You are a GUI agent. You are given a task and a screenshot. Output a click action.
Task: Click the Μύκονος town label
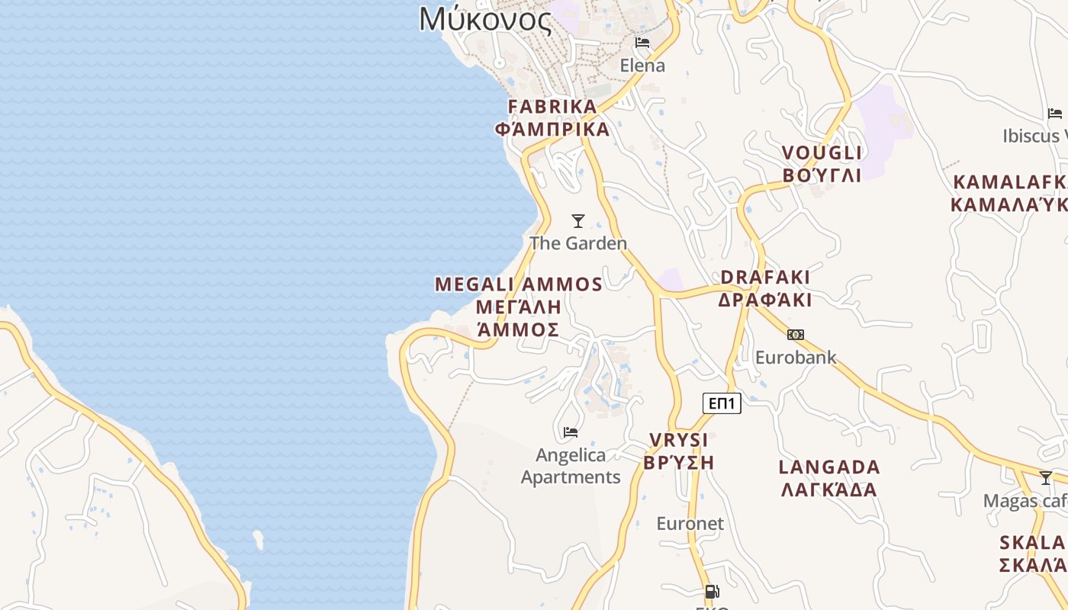485,18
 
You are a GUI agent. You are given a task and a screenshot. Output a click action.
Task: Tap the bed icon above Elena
642,42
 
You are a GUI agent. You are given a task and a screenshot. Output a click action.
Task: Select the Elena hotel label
642,66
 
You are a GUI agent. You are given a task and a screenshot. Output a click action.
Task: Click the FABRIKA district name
552,107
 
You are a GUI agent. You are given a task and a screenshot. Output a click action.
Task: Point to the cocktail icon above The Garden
578,221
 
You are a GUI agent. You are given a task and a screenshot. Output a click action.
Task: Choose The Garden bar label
578,243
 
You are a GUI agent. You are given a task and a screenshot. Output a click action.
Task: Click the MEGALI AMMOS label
519,284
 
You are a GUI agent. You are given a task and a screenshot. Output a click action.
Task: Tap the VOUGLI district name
822,153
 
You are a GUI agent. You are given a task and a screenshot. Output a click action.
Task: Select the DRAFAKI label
765,277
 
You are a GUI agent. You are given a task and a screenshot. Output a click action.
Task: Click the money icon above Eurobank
796,335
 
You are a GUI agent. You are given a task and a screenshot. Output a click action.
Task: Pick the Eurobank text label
796,357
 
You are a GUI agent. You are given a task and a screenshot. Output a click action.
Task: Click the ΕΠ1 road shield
722,403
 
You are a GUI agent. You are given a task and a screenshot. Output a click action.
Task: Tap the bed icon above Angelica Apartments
571,432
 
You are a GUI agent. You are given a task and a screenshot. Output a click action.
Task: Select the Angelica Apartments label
571,466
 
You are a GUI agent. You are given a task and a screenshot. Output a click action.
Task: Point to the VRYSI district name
678,440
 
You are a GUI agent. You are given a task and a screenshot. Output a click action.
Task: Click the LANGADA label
829,467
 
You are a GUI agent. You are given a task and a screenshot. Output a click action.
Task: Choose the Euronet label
690,523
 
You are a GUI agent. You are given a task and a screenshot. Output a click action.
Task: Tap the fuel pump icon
712,591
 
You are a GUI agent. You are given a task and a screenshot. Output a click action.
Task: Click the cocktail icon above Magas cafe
1045,478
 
